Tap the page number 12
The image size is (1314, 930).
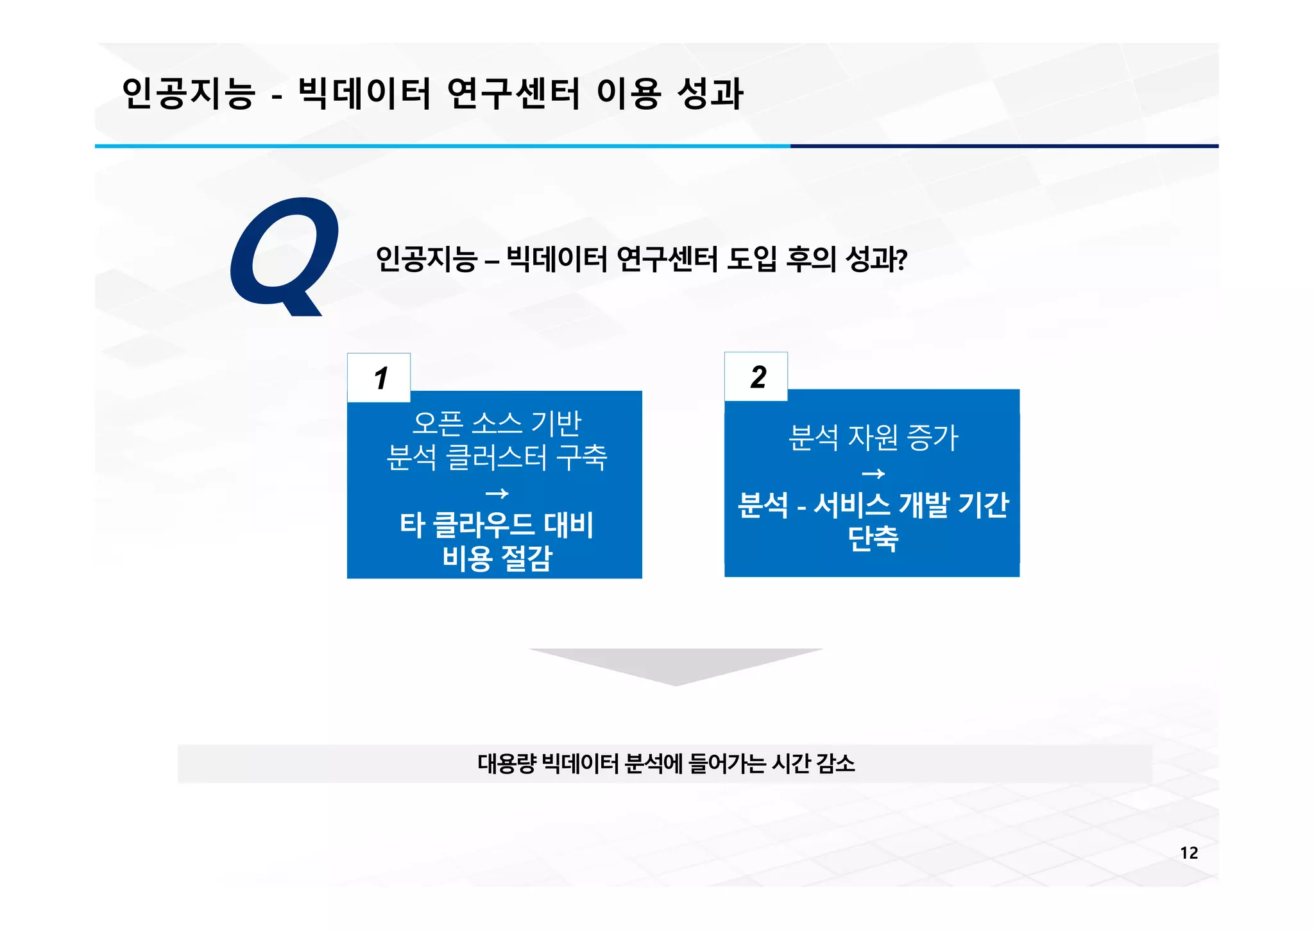click(1188, 853)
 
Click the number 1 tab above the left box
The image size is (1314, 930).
click(380, 378)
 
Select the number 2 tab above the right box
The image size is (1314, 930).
click(758, 377)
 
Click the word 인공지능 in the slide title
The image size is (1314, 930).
click(189, 93)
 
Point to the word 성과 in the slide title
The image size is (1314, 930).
click(710, 93)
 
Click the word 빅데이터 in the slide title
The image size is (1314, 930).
click(364, 93)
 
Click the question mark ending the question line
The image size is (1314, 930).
click(901, 260)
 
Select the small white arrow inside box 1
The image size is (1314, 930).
click(497, 494)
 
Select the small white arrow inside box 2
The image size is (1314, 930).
click(873, 474)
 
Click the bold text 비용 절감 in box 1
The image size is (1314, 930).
click(497, 558)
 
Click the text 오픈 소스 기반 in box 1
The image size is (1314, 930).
click(497, 423)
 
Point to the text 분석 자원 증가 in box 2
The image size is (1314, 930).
click(873, 438)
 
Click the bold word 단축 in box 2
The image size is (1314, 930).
click(873, 538)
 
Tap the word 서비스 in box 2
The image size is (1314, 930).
click(851, 505)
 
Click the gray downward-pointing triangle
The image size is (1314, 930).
click(676, 664)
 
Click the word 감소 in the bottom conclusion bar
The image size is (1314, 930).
click(835, 764)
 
